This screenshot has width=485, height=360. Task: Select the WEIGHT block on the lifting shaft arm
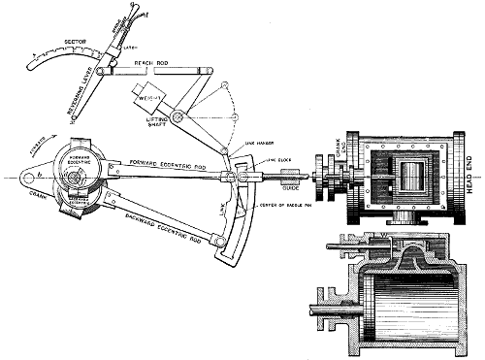click(149, 97)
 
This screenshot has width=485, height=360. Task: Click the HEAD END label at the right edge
click(472, 180)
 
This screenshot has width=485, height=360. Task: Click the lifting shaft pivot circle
click(179, 117)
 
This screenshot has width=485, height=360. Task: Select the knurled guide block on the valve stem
click(289, 180)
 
